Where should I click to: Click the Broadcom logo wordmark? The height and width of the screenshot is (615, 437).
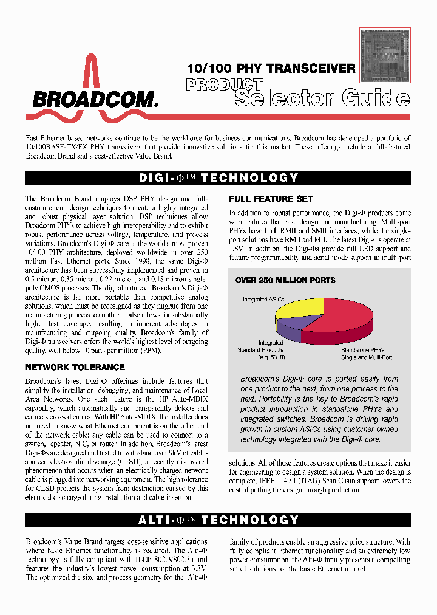(95, 100)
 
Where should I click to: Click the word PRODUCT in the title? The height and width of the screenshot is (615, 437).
(225, 85)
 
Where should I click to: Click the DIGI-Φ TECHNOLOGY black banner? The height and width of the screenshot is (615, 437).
(218, 178)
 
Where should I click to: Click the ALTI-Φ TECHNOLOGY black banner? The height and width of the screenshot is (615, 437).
(218, 520)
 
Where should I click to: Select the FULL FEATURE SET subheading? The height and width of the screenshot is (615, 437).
(271, 199)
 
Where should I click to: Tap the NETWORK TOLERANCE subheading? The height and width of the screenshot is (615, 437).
(75, 367)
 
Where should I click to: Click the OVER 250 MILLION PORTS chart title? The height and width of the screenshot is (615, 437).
(285, 280)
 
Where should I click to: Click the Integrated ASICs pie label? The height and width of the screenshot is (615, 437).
(263, 300)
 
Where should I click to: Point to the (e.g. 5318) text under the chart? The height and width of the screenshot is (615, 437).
(266, 357)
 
